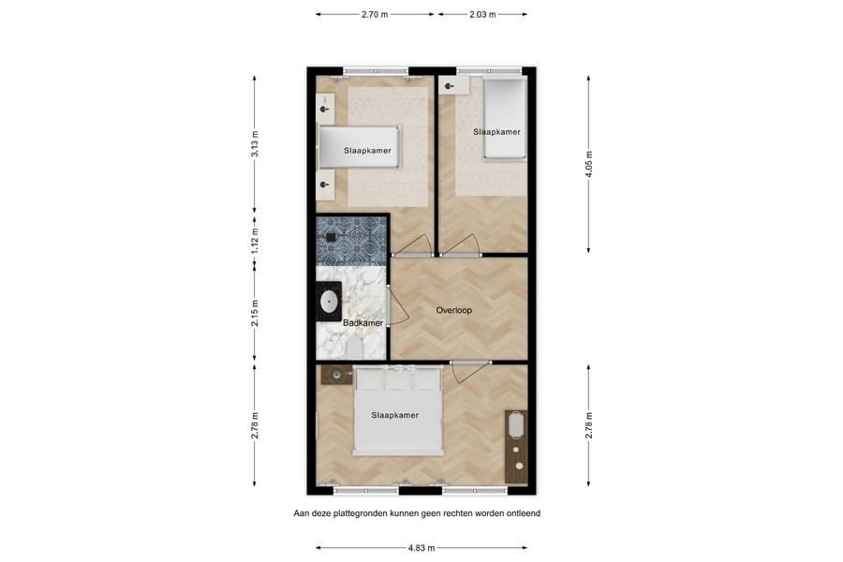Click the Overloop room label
(x=454, y=310)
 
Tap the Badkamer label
(x=362, y=323)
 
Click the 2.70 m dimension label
(x=375, y=15)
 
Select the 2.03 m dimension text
(x=481, y=15)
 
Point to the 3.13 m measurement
(x=255, y=144)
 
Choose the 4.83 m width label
(x=421, y=548)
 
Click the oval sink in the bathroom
(x=330, y=302)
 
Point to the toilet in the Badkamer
(x=354, y=348)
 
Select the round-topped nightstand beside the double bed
(x=336, y=375)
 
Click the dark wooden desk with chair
(x=516, y=445)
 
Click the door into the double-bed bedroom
(x=468, y=371)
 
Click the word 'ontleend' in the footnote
(x=519, y=513)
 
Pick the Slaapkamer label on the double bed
(x=394, y=415)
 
